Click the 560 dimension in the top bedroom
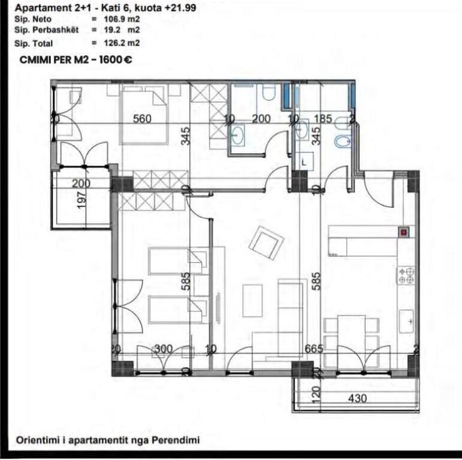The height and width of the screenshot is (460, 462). click(142, 119)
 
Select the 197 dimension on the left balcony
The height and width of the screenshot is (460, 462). click(82, 198)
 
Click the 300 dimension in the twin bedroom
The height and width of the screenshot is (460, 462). click(163, 349)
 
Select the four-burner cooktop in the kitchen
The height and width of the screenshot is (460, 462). click(406, 275)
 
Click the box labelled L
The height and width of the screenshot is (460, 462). click(304, 161)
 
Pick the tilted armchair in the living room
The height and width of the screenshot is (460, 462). click(266, 243)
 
